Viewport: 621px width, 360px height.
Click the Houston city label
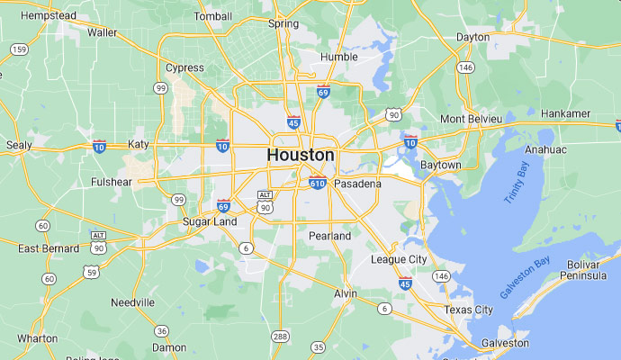(x=301, y=155)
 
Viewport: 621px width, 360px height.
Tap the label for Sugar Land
(x=210, y=221)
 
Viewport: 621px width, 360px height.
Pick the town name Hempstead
(x=36, y=15)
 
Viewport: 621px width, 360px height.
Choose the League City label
(x=399, y=259)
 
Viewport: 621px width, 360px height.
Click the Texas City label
(x=468, y=310)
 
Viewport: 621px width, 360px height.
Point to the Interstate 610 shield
(x=318, y=183)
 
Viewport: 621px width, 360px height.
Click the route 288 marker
(x=281, y=337)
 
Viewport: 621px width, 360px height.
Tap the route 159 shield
(x=20, y=49)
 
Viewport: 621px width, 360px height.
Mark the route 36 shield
(x=161, y=331)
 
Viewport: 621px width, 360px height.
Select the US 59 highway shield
(x=91, y=272)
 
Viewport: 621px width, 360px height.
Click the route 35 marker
(x=318, y=346)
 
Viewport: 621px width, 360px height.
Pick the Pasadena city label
(x=357, y=184)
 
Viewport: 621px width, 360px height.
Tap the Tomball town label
(x=212, y=16)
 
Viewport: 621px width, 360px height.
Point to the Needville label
(x=133, y=302)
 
